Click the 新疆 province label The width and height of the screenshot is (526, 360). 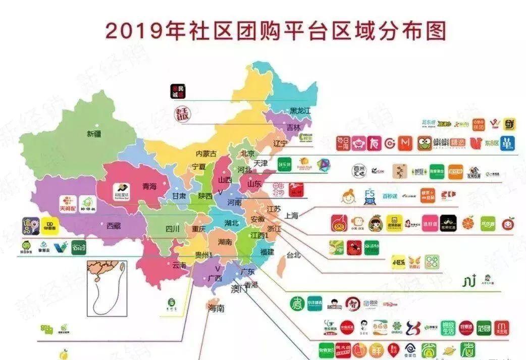(x=94, y=134)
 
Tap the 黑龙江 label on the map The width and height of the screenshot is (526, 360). (x=300, y=111)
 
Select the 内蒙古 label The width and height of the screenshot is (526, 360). (x=206, y=153)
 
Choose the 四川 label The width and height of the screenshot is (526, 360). (x=173, y=229)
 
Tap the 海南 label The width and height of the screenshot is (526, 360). (x=216, y=308)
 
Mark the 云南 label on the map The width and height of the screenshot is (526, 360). (x=179, y=265)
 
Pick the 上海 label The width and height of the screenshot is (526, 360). (x=292, y=216)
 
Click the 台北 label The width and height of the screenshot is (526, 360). (x=293, y=255)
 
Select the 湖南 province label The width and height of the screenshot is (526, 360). (x=225, y=242)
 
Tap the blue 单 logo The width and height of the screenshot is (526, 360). (x=507, y=143)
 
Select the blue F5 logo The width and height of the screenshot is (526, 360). (x=370, y=196)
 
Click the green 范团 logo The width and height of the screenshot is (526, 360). (x=483, y=327)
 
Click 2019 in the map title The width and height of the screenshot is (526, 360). (x=130, y=32)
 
